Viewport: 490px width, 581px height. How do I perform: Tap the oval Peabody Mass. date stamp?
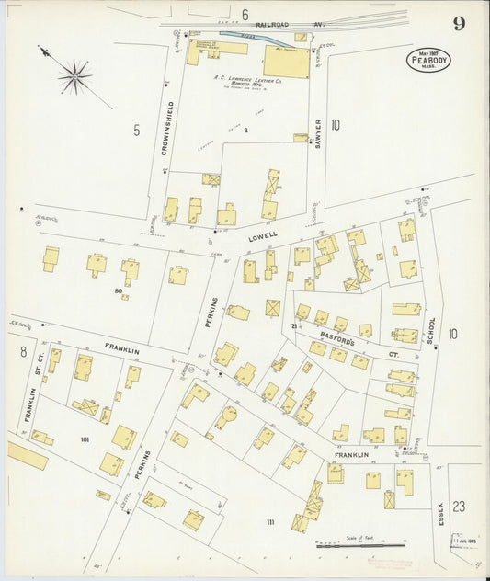428,61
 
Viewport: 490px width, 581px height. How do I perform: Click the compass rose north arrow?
74,74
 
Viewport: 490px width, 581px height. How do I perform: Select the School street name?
430,332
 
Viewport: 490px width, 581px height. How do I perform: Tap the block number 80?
118,291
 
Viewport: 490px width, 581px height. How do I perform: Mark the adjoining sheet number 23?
459,507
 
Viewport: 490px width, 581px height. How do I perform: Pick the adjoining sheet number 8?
23,351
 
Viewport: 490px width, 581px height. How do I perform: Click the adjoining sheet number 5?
136,130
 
